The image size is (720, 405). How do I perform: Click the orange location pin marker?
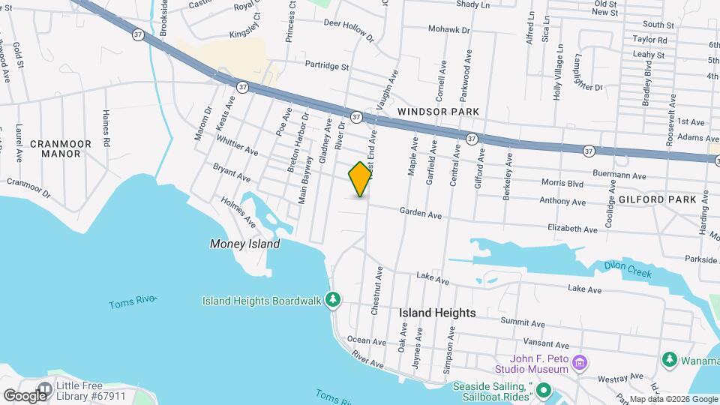(361, 178)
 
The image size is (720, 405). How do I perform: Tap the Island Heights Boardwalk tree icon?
(334, 301)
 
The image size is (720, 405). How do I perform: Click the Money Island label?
(244, 244)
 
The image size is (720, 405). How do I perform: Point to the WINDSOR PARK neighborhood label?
(438, 111)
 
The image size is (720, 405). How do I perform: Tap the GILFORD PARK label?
(652, 199)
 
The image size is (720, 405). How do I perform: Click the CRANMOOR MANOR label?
(61, 148)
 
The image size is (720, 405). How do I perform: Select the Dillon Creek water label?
(628, 268)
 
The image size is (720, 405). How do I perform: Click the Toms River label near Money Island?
(131, 302)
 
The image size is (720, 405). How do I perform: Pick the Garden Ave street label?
(420, 213)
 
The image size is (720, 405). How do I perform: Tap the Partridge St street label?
(327, 66)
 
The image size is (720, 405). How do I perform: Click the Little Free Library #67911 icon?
(46, 388)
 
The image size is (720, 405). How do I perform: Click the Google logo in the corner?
(24, 395)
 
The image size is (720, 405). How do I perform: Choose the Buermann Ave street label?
(618, 175)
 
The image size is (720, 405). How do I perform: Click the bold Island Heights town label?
(437, 313)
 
